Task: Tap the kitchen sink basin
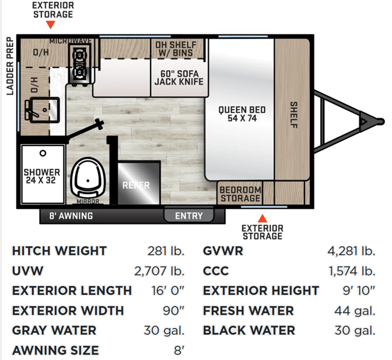44,110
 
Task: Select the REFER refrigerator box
139,183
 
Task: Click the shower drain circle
43,153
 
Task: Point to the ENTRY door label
189,216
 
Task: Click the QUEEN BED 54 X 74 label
242,114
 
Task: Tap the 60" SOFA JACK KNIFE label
179,78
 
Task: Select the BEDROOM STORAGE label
240,194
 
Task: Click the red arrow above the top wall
50,25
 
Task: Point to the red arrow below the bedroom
262,219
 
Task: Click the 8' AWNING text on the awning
71,216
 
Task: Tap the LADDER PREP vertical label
10,66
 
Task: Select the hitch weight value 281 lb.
166,251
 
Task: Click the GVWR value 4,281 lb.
351,251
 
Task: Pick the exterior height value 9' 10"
359,290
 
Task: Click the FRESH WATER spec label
248,311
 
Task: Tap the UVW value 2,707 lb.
159,271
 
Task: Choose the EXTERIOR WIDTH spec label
68,311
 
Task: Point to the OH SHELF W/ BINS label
176,49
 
